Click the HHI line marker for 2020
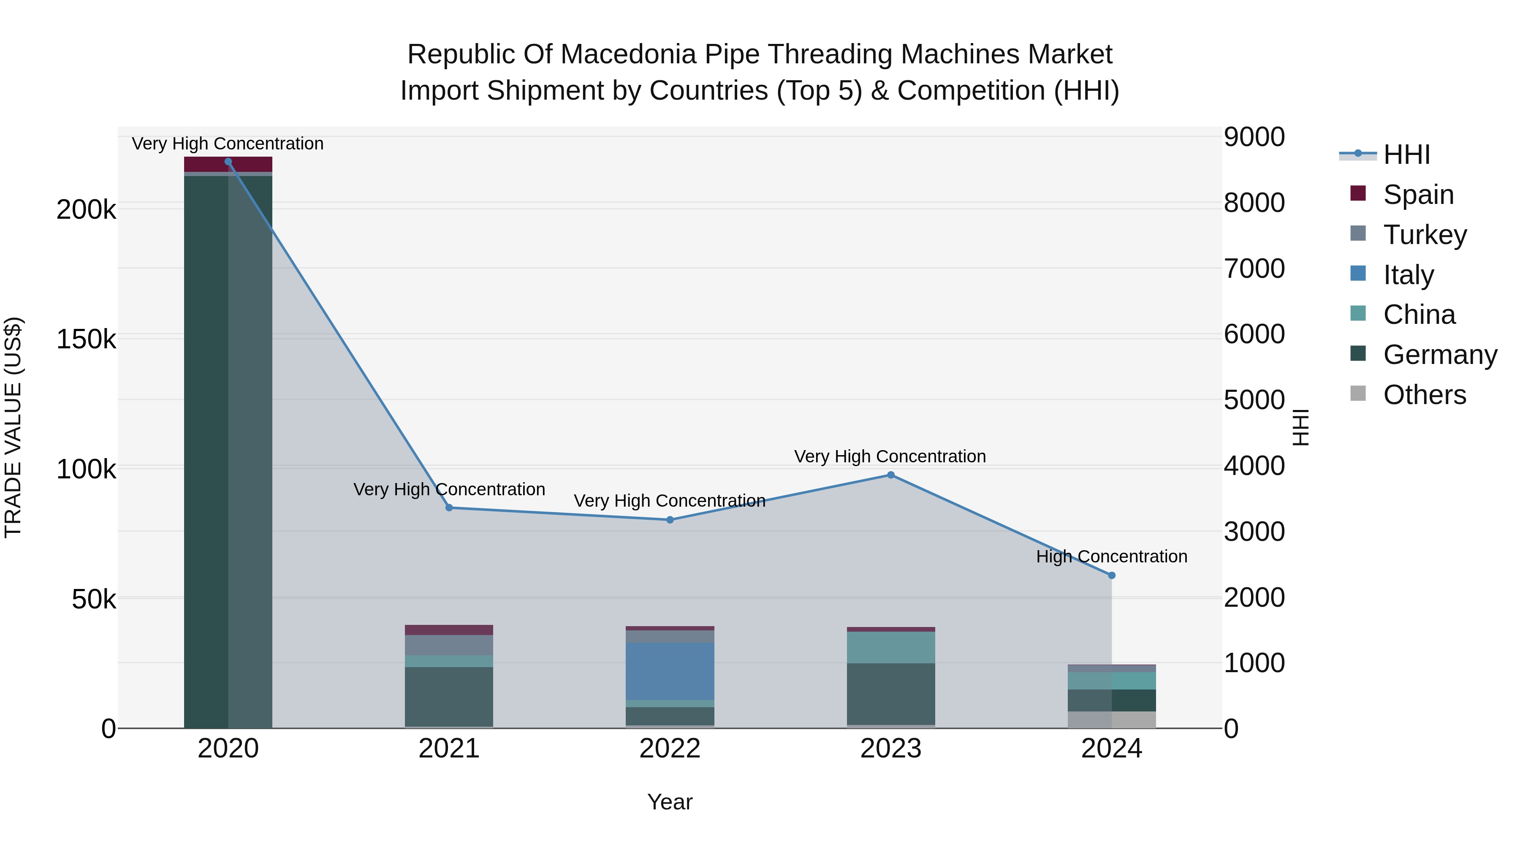(228, 162)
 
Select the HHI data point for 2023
(891, 475)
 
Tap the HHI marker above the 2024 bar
(1112, 575)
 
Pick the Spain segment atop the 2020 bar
(228, 164)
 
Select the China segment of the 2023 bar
(891, 647)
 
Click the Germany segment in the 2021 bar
(449, 696)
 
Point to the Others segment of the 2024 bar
(1112, 719)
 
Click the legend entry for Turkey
(1425, 235)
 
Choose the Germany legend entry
(1439, 355)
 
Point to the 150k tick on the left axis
(86, 339)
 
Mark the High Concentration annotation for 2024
(1112, 556)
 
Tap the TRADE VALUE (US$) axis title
(13, 427)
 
